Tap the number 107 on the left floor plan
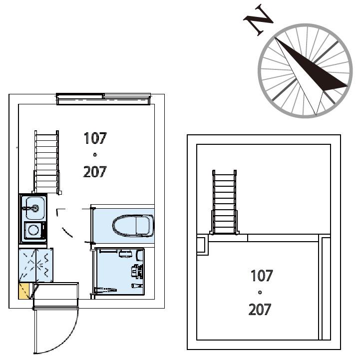pos(95,138)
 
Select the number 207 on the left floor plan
pos(95,172)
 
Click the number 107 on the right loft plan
pos(262,276)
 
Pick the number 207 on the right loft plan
pos(260,310)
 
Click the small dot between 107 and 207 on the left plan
pos(95,155)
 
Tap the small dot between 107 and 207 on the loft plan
pos(260,293)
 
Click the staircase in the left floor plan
pos(47,162)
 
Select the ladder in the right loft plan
pos(224,202)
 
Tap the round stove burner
pos(33,230)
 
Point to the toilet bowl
pos(133,226)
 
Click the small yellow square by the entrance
pos(23,291)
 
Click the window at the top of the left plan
pos(103,99)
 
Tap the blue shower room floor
pos(120,271)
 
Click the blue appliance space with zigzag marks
pos(36,265)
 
